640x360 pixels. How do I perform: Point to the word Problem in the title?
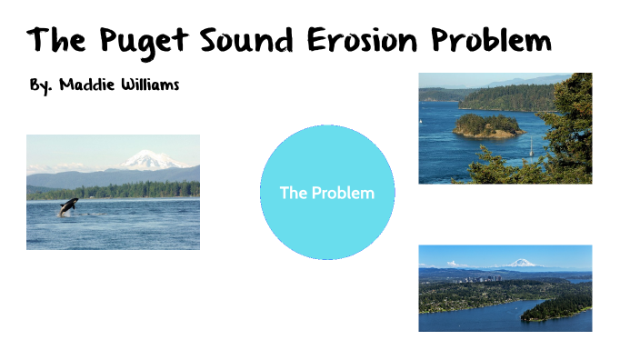coord(491,42)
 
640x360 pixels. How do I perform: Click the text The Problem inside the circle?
coord(326,193)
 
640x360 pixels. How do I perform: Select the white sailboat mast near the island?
coord(531,145)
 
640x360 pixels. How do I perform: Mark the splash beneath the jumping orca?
coord(65,215)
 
